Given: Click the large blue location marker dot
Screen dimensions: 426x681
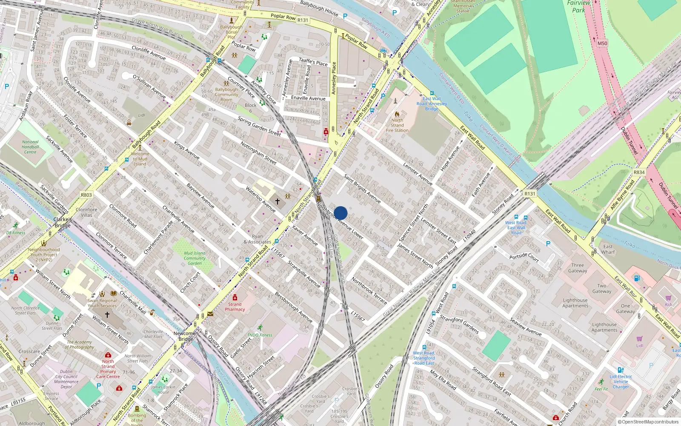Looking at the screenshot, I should click(x=340, y=213).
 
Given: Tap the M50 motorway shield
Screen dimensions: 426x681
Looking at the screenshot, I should click(x=602, y=43).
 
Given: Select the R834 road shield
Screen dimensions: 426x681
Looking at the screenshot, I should click(x=639, y=172).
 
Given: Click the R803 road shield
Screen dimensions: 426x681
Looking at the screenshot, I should click(x=86, y=195).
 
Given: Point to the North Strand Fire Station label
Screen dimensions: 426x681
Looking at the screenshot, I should click(x=397, y=125).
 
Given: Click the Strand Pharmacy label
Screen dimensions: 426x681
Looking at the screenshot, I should click(x=235, y=307).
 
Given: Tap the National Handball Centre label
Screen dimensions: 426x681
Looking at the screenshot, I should click(x=30, y=147).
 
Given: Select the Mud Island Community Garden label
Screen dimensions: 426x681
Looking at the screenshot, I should click(x=195, y=258).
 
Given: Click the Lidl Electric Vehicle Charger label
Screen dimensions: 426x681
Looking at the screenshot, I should click(x=621, y=382).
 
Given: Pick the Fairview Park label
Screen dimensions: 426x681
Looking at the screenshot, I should click(x=578, y=6).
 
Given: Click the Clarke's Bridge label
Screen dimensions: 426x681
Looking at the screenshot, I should click(x=63, y=222).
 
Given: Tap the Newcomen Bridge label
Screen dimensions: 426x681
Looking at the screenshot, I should click(x=186, y=336).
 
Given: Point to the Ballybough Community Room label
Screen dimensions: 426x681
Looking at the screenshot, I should click(x=226, y=95).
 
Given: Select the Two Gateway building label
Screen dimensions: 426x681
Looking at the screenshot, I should click(x=601, y=289).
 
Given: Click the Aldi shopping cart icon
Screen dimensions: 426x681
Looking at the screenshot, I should click(x=668, y=298).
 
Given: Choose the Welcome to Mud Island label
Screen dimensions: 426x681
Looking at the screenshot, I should click(x=140, y=159).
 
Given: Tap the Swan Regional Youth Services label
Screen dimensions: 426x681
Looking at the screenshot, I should click(x=102, y=303).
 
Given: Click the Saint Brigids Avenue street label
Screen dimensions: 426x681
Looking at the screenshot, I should click(x=362, y=188).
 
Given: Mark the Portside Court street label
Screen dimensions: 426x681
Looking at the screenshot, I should click(x=524, y=257).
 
